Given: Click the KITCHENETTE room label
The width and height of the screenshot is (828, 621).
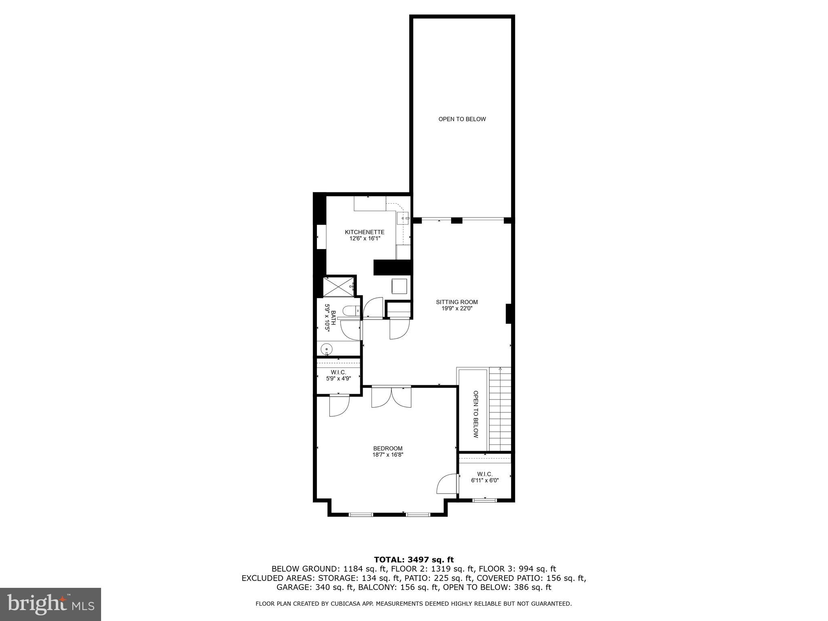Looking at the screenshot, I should (x=364, y=232).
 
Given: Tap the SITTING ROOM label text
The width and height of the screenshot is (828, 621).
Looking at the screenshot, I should (x=457, y=302).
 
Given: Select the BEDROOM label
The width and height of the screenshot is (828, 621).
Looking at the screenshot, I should (x=388, y=448).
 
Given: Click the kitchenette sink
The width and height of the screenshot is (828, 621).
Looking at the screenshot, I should (x=403, y=218).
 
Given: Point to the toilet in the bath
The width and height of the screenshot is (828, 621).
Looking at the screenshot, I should (x=349, y=310).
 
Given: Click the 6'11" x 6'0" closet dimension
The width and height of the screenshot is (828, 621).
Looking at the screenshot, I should (x=485, y=481).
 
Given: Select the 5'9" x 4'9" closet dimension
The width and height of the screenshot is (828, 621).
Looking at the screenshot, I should (x=338, y=379).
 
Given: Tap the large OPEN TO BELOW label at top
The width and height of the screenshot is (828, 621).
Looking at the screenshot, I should (x=462, y=119).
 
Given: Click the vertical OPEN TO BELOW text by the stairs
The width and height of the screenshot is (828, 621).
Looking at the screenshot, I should (x=476, y=414).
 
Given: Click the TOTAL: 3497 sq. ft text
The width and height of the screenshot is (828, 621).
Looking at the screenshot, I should (x=414, y=560).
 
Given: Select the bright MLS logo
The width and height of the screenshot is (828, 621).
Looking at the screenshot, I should (x=51, y=604).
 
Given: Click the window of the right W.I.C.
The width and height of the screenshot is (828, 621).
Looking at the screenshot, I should (x=485, y=500).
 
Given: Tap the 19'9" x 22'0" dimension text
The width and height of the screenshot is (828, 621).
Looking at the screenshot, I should (x=457, y=308).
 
